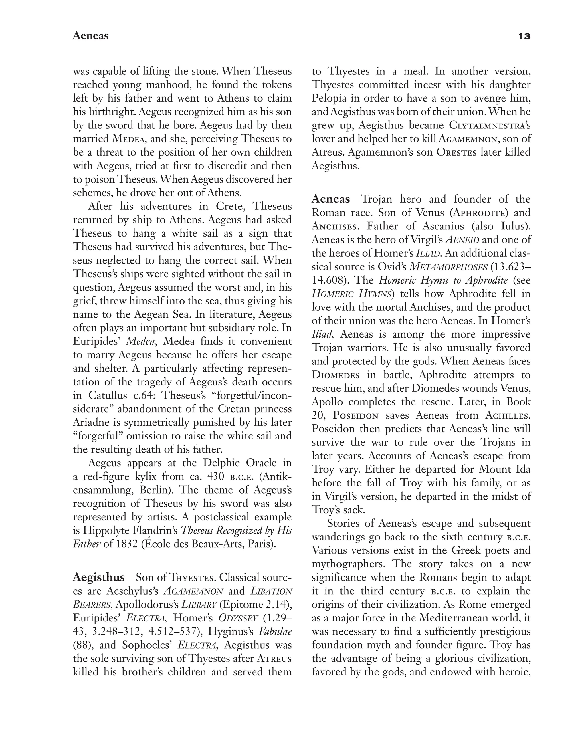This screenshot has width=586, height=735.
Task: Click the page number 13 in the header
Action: pyautogui.click(x=524, y=36)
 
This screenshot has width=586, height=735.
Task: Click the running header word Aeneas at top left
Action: pyautogui.click(x=90, y=36)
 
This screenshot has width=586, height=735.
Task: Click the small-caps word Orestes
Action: pyautogui.click(x=456, y=152)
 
